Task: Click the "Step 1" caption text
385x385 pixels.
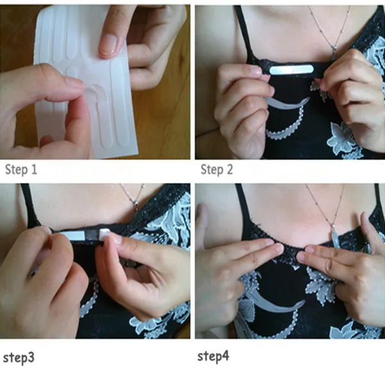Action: [x=21, y=169]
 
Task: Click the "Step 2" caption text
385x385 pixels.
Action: [x=217, y=169]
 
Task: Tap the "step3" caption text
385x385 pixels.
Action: [x=19, y=358]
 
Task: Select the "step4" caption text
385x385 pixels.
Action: [x=213, y=356]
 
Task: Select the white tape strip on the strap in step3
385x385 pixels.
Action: [x=73, y=236]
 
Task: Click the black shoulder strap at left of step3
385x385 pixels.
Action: [x=28, y=205]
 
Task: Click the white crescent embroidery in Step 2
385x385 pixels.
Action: [x=287, y=103]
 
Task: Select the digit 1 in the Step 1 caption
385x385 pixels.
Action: [x=34, y=169]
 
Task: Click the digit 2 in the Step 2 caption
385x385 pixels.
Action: [x=229, y=169]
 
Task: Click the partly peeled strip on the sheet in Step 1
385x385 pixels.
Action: [x=98, y=103]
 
